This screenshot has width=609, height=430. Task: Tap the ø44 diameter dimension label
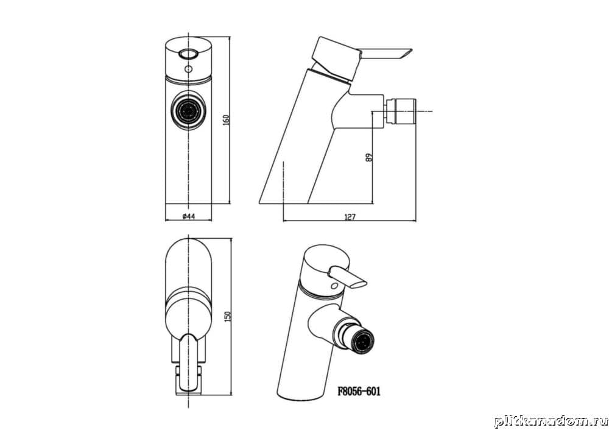(x=188, y=216)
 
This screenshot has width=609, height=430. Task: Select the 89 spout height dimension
(x=369, y=157)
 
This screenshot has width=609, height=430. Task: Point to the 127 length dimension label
(x=350, y=217)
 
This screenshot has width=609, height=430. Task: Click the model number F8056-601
(x=359, y=391)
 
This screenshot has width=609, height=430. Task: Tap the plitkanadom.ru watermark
(x=551, y=421)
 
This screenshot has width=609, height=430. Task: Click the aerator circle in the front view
(x=189, y=111)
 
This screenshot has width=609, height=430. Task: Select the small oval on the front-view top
(x=188, y=54)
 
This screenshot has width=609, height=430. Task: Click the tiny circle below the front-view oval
(x=188, y=69)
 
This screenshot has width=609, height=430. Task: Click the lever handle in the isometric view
(x=348, y=278)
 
